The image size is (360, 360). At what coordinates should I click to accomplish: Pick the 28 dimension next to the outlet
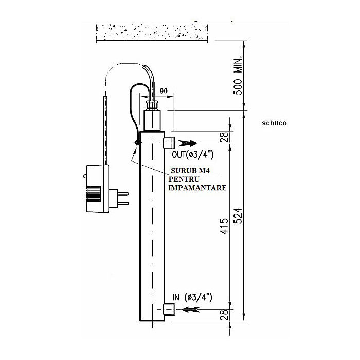click(x=224, y=137)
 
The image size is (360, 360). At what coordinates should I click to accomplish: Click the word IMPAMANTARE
click(x=197, y=188)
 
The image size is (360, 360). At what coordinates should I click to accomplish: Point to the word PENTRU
click(x=184, y=179)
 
